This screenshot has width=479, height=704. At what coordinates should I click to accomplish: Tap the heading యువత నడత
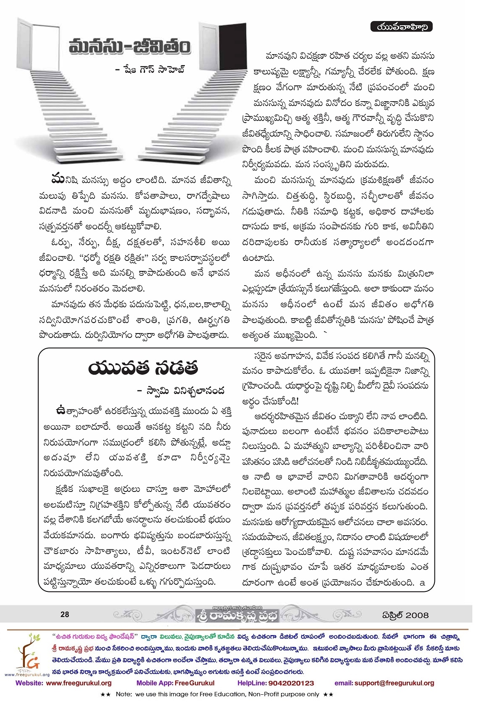pyautogui.click(x=143, y=369)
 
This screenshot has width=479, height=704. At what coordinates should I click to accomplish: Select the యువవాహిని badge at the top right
pyautogui.click(x=401, y=27)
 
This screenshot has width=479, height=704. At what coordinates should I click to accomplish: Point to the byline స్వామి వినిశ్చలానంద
pyautogui.click(x=181, y=391)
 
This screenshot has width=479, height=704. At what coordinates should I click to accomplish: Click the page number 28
pyautogui.click(x=65, y=614)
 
